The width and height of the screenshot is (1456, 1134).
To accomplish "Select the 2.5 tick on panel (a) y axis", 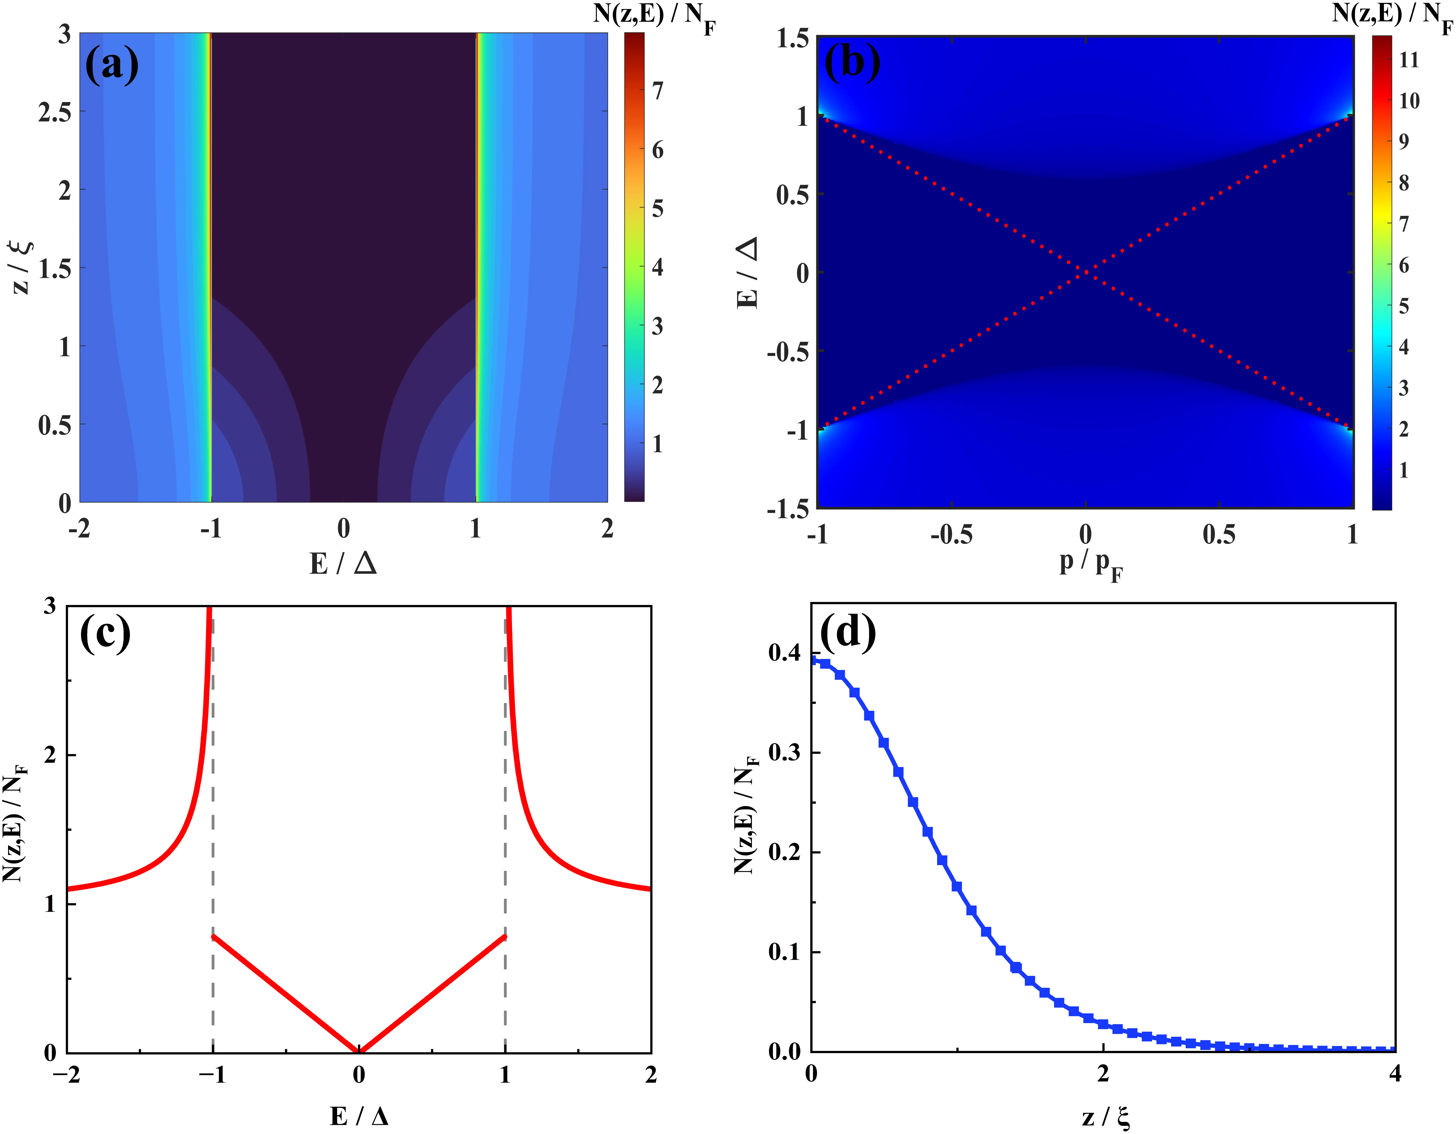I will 55,112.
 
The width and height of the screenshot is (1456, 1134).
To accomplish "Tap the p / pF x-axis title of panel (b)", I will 1091,564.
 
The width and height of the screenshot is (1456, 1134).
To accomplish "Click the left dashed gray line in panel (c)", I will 213,833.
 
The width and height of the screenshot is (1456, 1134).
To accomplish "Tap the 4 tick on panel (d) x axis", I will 1395,1073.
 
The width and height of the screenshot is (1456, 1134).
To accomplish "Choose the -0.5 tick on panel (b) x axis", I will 951,535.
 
